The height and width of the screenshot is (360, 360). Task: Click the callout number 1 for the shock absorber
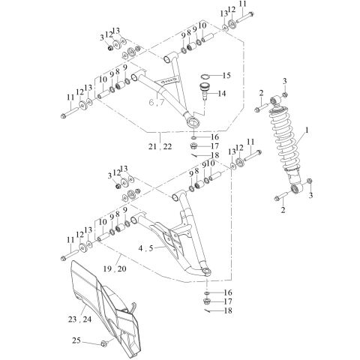pyautogui.click(x=307, y=130)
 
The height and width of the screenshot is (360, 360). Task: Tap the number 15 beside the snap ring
pyautogui.click(x=226, y=76)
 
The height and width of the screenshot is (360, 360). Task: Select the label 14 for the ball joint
pyautogui.click(x=221, y=94)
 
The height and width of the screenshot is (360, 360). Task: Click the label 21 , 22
pyautogui.click(x=160, y=146)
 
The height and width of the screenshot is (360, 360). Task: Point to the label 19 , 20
pyautogui.click(x=115, y=268)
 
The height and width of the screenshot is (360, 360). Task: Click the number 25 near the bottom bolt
pyautogui.click(x=76, y=340)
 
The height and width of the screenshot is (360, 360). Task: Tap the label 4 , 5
pyautogui.click(x=145, y=248)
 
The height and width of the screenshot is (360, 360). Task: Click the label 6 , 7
pyautogui.click(x=156, y=103)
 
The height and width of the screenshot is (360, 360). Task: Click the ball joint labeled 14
pyautogui.click(x=205, y=91)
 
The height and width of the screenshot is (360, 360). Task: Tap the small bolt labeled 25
pyautogui.click(x=103, y=343)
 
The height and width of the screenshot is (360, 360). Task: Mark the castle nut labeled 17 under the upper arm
pyautogui.click(x=193, y=145)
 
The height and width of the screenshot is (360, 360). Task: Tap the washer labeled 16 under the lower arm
pyautogui.click(x=207, y=292)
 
